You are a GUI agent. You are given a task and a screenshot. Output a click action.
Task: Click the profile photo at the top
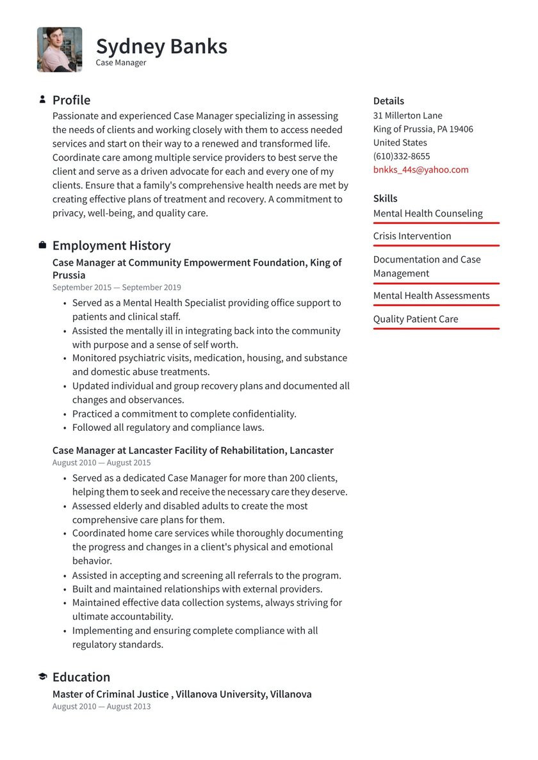coord(60,49)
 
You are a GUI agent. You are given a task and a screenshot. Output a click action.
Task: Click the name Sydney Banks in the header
coord(161,47)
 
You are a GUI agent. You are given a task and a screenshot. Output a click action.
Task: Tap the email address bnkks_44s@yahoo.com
coord(421,170)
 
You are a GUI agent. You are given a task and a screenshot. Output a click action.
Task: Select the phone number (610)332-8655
coord(402,156)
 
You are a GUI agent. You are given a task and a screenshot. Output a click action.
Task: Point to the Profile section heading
coord(71,100)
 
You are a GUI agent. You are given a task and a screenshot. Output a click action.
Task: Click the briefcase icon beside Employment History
coord(42,245)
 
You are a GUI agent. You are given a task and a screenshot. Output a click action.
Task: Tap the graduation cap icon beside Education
coord(42,677)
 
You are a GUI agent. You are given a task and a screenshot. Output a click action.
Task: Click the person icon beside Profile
coord(42,100)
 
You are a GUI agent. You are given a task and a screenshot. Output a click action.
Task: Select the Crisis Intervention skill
coord(412,236)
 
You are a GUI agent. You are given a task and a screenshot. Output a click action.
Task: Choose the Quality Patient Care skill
coord(416,319)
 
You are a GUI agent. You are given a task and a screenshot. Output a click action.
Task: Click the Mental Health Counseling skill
coord(428,213)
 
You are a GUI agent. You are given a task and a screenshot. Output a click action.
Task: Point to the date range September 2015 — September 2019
coord(117,287)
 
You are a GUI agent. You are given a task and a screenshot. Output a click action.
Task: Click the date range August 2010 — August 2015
coord(102,462)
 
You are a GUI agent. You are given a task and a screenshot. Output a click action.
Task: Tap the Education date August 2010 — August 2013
coord(102,706)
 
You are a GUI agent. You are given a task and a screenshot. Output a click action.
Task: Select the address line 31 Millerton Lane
coord(407,115)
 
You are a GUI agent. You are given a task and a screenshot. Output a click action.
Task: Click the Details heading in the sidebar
coord(388,101)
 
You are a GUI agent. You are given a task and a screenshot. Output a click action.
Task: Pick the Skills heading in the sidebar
coord(385,198)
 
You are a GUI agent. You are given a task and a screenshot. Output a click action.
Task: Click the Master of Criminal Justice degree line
coord(182,694)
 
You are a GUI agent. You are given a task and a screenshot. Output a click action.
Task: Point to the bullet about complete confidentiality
coord(184,414)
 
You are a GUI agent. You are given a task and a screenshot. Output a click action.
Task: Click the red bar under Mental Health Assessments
coord(436,305)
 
